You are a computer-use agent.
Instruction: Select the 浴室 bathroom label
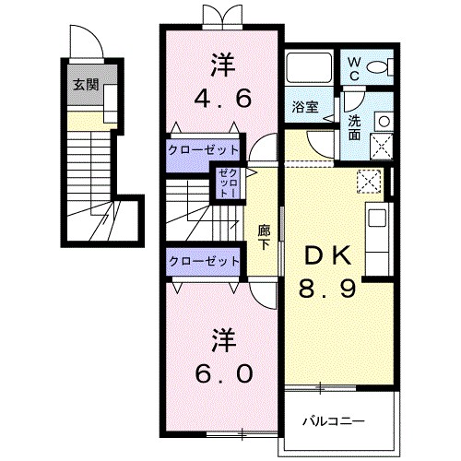pos(306,107)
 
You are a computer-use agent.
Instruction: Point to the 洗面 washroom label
pos(355,127)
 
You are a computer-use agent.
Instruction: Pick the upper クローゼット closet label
pos(204,149)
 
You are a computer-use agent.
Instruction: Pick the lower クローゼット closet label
pos(204,262)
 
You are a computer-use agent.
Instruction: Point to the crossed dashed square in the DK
pos(369,181)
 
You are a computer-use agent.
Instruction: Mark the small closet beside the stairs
pos(227,183)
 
